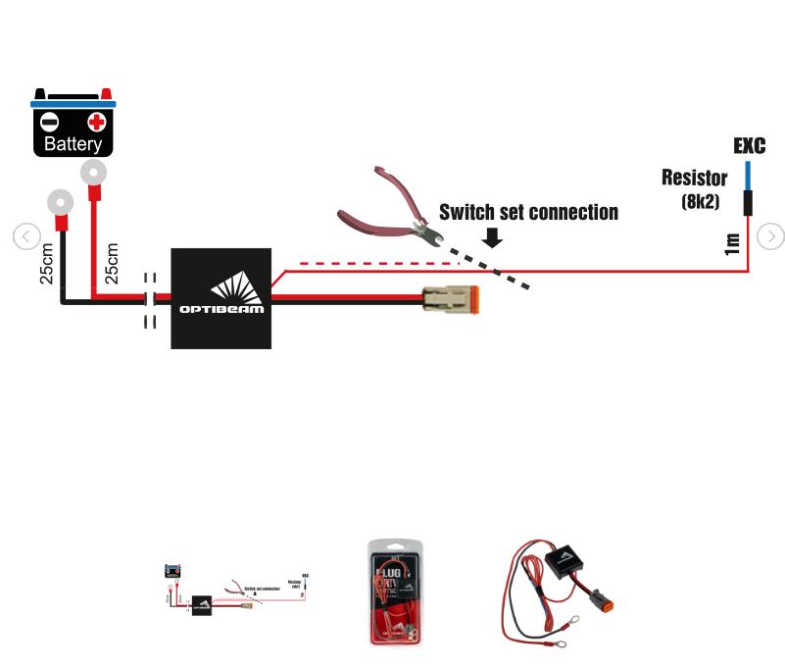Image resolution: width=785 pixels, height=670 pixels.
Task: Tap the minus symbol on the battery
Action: pyautogui.click(x=49, y=123)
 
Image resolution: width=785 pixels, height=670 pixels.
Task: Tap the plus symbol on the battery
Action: pyautogui.click(x=96, y=123)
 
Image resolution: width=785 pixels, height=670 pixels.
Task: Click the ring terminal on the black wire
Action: pyautogui.click(x=59, y=204)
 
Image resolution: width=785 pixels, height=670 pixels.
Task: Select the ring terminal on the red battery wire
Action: pyautogui.click(x=93, y=175)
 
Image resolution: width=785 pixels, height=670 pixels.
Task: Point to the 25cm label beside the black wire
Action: pyautogui.click(x=46, y=264)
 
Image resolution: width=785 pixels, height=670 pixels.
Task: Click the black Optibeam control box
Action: pyautogui.click(x=221, y=298)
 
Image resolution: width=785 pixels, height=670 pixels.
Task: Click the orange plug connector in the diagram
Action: pyautogui.click(x=451, y=298)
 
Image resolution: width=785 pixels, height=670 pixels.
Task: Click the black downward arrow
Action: pyautogui.click(x=493, y=237)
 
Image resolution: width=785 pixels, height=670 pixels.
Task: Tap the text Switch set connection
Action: pyautogui.click(x=528, y=212)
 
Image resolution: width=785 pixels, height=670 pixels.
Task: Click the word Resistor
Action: pyautogui.click(x=694, y=178)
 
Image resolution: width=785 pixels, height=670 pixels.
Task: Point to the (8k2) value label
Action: pyautogui.click(x=702, y=202)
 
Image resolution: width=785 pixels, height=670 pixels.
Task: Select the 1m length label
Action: pyautogui.click(x=731, y=243)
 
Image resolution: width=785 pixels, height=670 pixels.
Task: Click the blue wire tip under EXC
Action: pyautogui.click(x=747, y=175)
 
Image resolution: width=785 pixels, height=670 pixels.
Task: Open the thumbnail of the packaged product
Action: pyautogui.click(x=397, y=592)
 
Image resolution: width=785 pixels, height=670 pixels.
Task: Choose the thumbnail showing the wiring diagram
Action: pyautogui.click(x=236, y=592)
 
